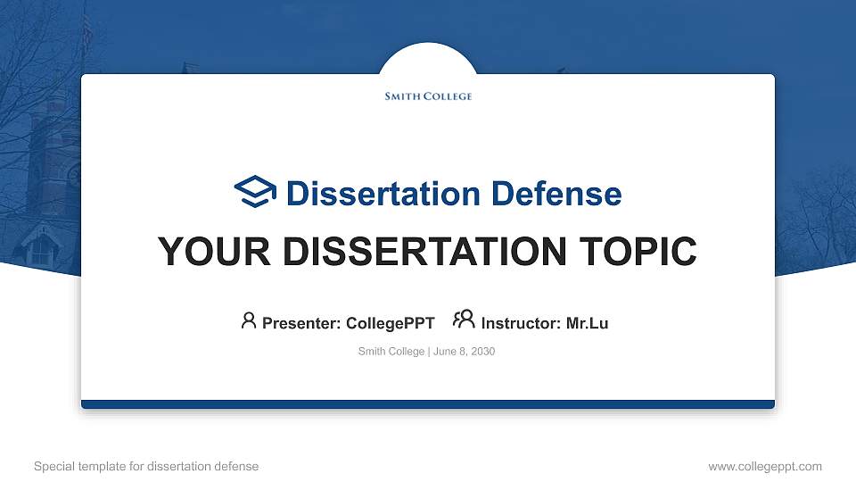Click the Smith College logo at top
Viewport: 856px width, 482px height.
428,96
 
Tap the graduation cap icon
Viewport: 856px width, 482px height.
256,192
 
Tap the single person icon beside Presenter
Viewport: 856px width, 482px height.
249,320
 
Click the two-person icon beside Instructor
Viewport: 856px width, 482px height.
464,320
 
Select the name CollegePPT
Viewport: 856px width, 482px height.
390,323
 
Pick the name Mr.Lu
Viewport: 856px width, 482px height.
587,323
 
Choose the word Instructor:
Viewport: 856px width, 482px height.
521,323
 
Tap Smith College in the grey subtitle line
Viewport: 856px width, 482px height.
391,352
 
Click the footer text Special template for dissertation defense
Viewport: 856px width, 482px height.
146,466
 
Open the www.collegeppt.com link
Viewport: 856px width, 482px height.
765,466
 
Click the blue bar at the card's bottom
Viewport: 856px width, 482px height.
428,404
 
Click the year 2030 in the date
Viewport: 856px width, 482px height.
482,352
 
